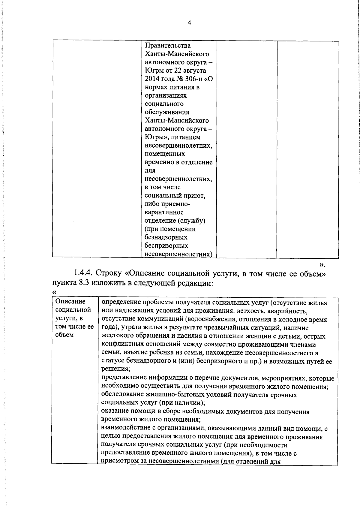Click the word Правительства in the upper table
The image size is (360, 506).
click(168, 46)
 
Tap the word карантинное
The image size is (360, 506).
click(164, 212)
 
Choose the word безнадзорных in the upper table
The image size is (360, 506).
click(166, 237)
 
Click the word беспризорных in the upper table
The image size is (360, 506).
click(166, 246)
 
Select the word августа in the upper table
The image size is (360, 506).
click(195, 71)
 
